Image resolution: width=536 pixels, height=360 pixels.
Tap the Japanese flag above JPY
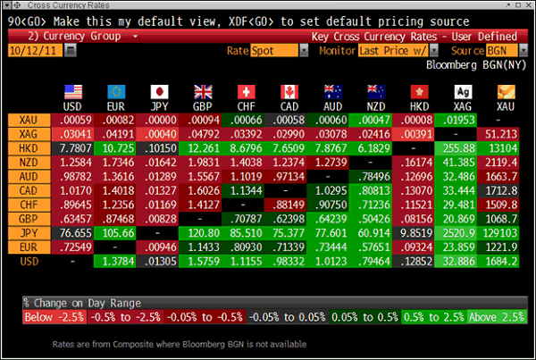(160, 91)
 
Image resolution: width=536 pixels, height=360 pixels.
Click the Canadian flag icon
(288, 91)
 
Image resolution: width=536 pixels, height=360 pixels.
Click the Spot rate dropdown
(273, 51)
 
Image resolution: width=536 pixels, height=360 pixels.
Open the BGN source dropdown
(505, 51)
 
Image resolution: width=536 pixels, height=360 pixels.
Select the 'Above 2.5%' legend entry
(497, 317)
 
